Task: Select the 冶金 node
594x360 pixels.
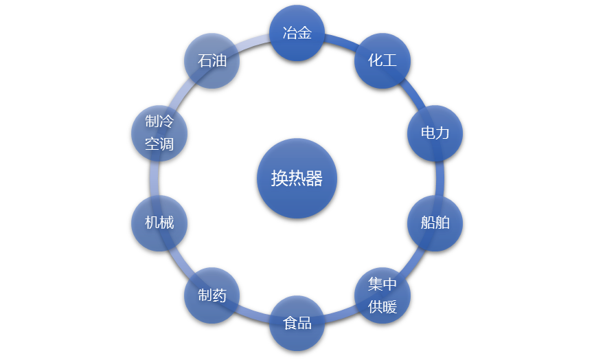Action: (x=297, y=32)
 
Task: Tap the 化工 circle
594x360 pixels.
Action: (x=382, y=60)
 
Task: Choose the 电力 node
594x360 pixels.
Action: (x=435, y=133)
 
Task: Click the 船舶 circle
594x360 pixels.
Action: (x=435, y=223)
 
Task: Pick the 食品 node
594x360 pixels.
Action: (x=297, y=323)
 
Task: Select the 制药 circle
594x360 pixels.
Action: (x=212, y=295)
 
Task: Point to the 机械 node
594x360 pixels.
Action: (x=159, y=223)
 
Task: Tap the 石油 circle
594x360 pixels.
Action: (x=212, y=60)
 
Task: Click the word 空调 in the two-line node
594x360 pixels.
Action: (x=159, y=144)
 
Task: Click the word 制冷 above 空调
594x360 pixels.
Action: (x=159, y=122)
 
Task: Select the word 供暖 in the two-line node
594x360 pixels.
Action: (x=382, y=306)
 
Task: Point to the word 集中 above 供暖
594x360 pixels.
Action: (x=382, y=284)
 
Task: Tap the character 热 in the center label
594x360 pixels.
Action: (x=297, y=179)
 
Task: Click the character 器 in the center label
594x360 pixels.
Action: (x=314, y=179)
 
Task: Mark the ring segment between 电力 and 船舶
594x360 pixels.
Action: (x=439, y=178)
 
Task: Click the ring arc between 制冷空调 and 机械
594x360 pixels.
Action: (x=154, y=178)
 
